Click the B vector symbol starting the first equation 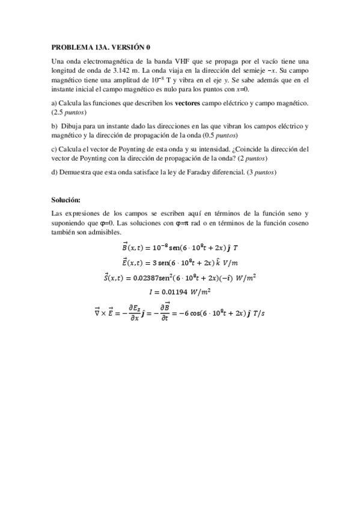(x=124, y=247)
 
